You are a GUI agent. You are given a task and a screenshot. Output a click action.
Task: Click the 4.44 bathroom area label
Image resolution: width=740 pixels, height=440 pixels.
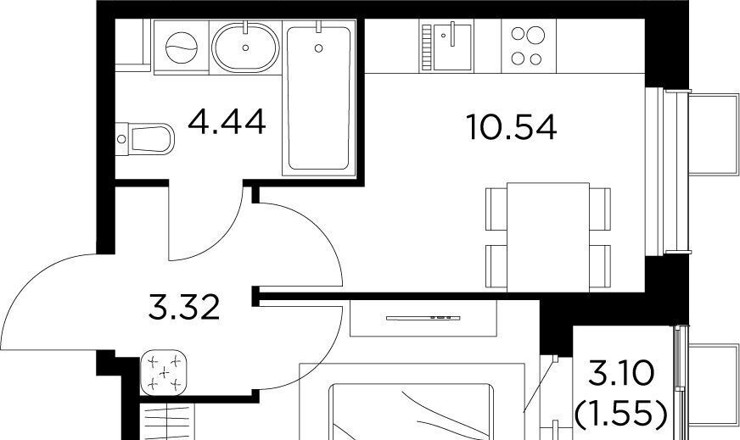[x=227, y=122]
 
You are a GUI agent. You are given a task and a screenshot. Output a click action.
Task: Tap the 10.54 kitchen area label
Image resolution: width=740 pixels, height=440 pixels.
[x=512, y=127]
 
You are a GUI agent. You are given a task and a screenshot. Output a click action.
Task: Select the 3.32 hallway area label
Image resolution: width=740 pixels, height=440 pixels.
[x=184, y=307]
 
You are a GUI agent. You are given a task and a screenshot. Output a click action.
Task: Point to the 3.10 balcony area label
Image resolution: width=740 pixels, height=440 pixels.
[x=621, y=373]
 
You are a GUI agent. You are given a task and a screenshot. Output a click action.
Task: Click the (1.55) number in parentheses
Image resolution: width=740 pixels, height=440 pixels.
[x=621, y=414]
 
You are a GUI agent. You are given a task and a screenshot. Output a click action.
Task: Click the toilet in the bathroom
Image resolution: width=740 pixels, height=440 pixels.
[x=145, y=139]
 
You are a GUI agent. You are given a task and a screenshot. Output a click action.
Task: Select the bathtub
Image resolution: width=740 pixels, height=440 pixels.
[x=319, y=97]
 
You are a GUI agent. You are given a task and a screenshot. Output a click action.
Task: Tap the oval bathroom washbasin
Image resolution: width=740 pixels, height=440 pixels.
[x=245, y=47]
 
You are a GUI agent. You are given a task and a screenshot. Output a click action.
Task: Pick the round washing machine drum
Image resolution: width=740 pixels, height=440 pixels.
[x=182, y=47]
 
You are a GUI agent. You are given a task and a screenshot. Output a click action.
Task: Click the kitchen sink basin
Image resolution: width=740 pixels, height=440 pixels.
[x=452, y=47]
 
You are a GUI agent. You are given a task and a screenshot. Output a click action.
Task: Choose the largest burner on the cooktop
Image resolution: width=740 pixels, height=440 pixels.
[x=536, y=35]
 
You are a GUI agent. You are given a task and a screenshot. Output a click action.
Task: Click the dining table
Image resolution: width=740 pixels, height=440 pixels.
[x=548, y=237]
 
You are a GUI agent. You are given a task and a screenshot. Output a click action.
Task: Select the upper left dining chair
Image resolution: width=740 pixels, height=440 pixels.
[x=496, y=209]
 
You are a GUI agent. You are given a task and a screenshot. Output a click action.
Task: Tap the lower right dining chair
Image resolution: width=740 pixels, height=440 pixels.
[x=600, y=266]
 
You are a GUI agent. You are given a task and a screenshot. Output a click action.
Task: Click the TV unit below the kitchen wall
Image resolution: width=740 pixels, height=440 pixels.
[x=423, y=318]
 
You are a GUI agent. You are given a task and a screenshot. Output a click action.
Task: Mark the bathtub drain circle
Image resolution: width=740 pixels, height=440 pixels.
[x=318, y=47]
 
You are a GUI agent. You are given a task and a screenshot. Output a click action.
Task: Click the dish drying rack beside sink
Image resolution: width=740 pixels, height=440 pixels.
[x=427, y=47]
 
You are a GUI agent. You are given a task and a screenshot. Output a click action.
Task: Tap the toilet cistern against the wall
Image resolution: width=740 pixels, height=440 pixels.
[x=121, y=139]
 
